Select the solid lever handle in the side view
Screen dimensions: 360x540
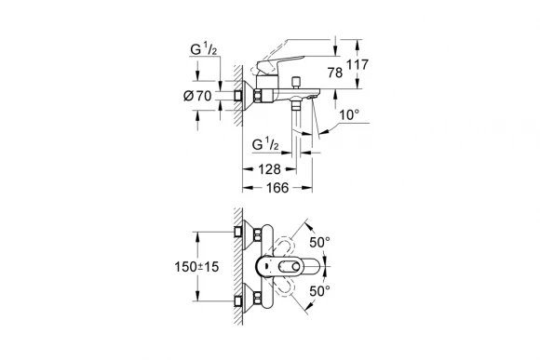pyautogui.click(x=279, y=67)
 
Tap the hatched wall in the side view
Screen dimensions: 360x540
pyautogui.click(x=239, y=93)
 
